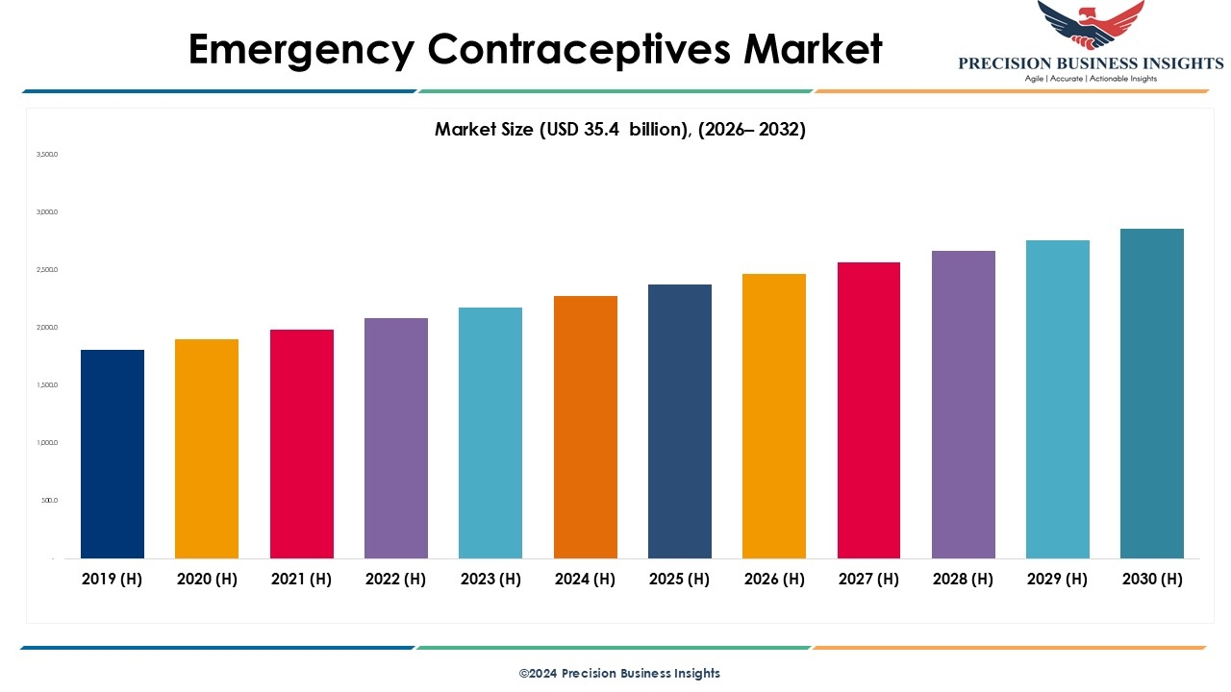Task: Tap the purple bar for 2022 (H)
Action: (x=396, y=438)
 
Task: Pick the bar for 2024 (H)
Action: (x=586, y=427)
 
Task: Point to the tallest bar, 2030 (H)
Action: (x=1152, y=393)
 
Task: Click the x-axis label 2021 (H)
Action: (x=301, y=579)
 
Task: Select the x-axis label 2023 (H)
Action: (x=490, y=579)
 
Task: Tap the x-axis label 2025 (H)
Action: (x=680, y=579)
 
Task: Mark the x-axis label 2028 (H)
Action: (x=963, y=579)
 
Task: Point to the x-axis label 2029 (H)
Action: (x=1057, y=579)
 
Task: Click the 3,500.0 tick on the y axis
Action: (x=47, y=154)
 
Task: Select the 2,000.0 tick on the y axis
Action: (x=47, y=328)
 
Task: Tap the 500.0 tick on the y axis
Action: (x=49, y=501)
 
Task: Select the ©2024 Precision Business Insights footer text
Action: (x=619, y=673)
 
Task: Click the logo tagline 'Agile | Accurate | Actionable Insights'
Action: (x=1091, y=78)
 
